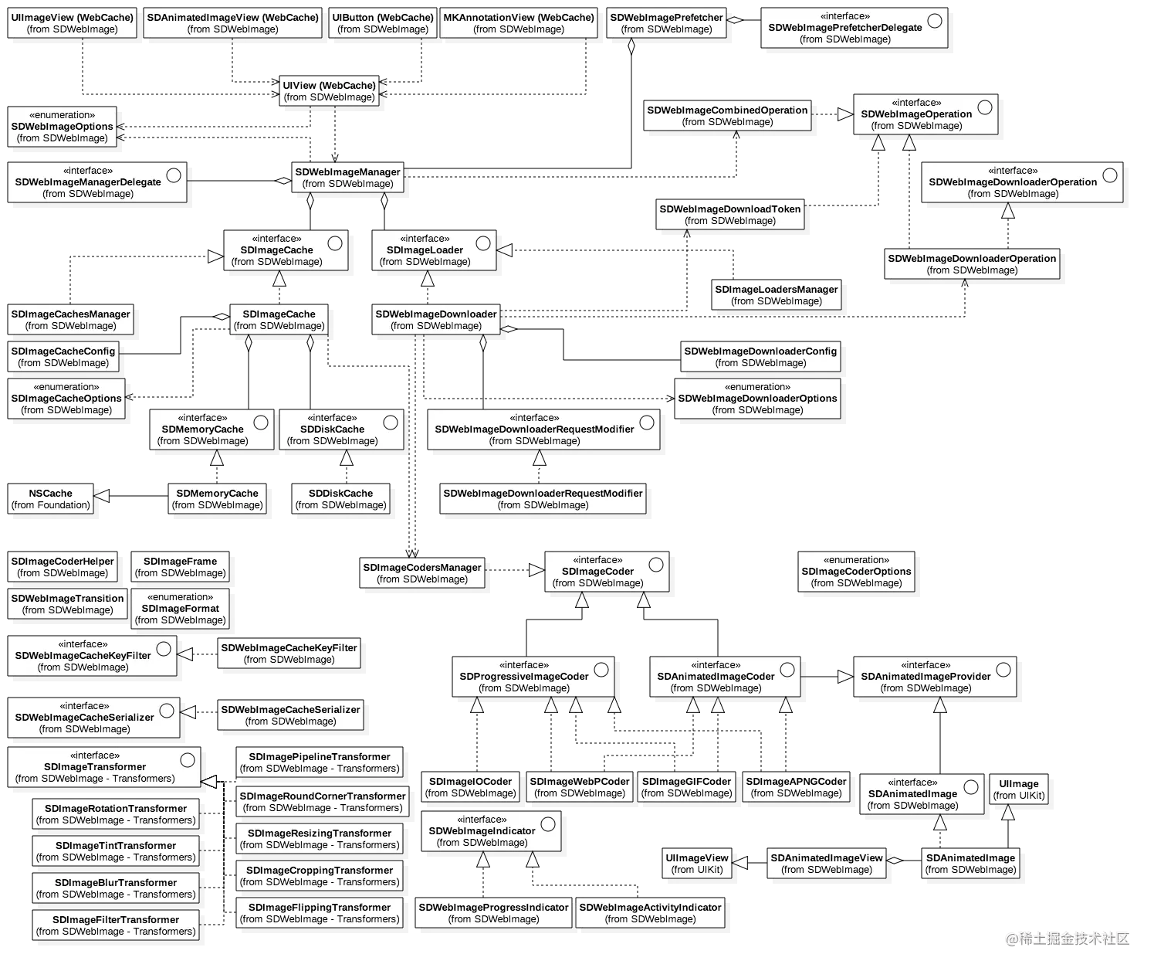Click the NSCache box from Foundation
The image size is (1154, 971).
[50, 499]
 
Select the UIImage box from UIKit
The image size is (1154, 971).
[1018, 789]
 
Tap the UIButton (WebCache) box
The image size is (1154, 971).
[383, 23]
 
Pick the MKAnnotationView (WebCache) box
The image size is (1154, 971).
[519, 23]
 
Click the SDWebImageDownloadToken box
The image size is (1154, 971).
[729, 215]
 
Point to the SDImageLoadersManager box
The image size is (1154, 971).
[776, 295]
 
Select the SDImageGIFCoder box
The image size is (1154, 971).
[686, 787]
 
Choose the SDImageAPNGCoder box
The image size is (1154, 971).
[796, 787]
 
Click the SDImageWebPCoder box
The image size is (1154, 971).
[579, 787]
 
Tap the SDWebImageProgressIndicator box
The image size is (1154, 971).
[493, 913]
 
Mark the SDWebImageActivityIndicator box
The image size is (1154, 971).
[650, 913]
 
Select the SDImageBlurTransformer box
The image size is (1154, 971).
[116, 888]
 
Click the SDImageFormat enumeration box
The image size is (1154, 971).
[180, 609]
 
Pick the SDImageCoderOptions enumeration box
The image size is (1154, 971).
[856, 572]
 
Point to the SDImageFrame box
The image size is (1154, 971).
[180, 567]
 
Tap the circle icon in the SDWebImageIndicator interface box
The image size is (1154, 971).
[548, 824]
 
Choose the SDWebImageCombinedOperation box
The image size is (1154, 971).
[727, 116]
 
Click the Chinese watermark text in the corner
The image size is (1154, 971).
[1068, 938]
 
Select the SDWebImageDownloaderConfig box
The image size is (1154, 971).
[760, 357]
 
